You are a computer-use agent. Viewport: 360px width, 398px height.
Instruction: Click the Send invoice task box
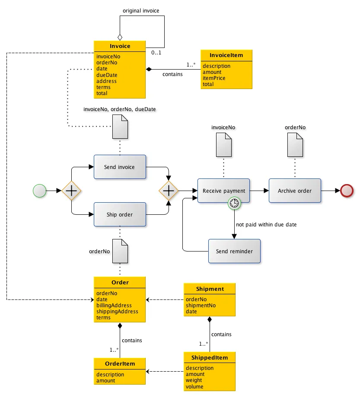(x=120, y=167)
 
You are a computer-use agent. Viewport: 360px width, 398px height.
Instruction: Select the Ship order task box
(x=120, y=214)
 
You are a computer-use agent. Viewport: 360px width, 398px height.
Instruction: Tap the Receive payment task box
(x=223, y=191)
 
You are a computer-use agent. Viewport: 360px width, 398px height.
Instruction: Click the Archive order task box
(x=295, y=191)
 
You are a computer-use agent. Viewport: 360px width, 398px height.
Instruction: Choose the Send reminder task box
(x=234, y=251)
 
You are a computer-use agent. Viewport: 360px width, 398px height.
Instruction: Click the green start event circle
(x=39, y=190)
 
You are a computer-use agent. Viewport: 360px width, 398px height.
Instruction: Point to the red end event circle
(x=347, y=190)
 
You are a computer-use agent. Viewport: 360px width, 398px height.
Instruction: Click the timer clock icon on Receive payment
(x=234, y=203)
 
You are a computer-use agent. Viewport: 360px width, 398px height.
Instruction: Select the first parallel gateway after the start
(x=71, y=190)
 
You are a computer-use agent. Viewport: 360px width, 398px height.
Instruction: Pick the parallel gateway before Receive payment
(x=169, y=190)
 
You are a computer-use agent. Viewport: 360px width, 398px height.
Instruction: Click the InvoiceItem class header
(x=226, y=55)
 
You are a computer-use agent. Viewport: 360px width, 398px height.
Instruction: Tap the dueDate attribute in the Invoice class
(x=107, y=75)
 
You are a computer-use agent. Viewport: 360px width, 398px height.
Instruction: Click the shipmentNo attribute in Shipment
(x=201, y=306)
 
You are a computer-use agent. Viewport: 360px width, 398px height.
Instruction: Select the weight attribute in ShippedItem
(x=194, y=380)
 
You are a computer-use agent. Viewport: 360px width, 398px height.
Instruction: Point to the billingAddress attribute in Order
(x=114, y=305)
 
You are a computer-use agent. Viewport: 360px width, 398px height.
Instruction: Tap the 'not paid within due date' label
(x=266, y=225)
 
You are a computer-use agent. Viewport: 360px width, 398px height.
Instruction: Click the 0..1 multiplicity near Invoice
(x=156, y=53)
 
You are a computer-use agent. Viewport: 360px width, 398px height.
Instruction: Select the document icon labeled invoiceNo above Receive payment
(x=223, y=145)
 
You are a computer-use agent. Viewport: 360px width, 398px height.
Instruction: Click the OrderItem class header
(x=120, y=364)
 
